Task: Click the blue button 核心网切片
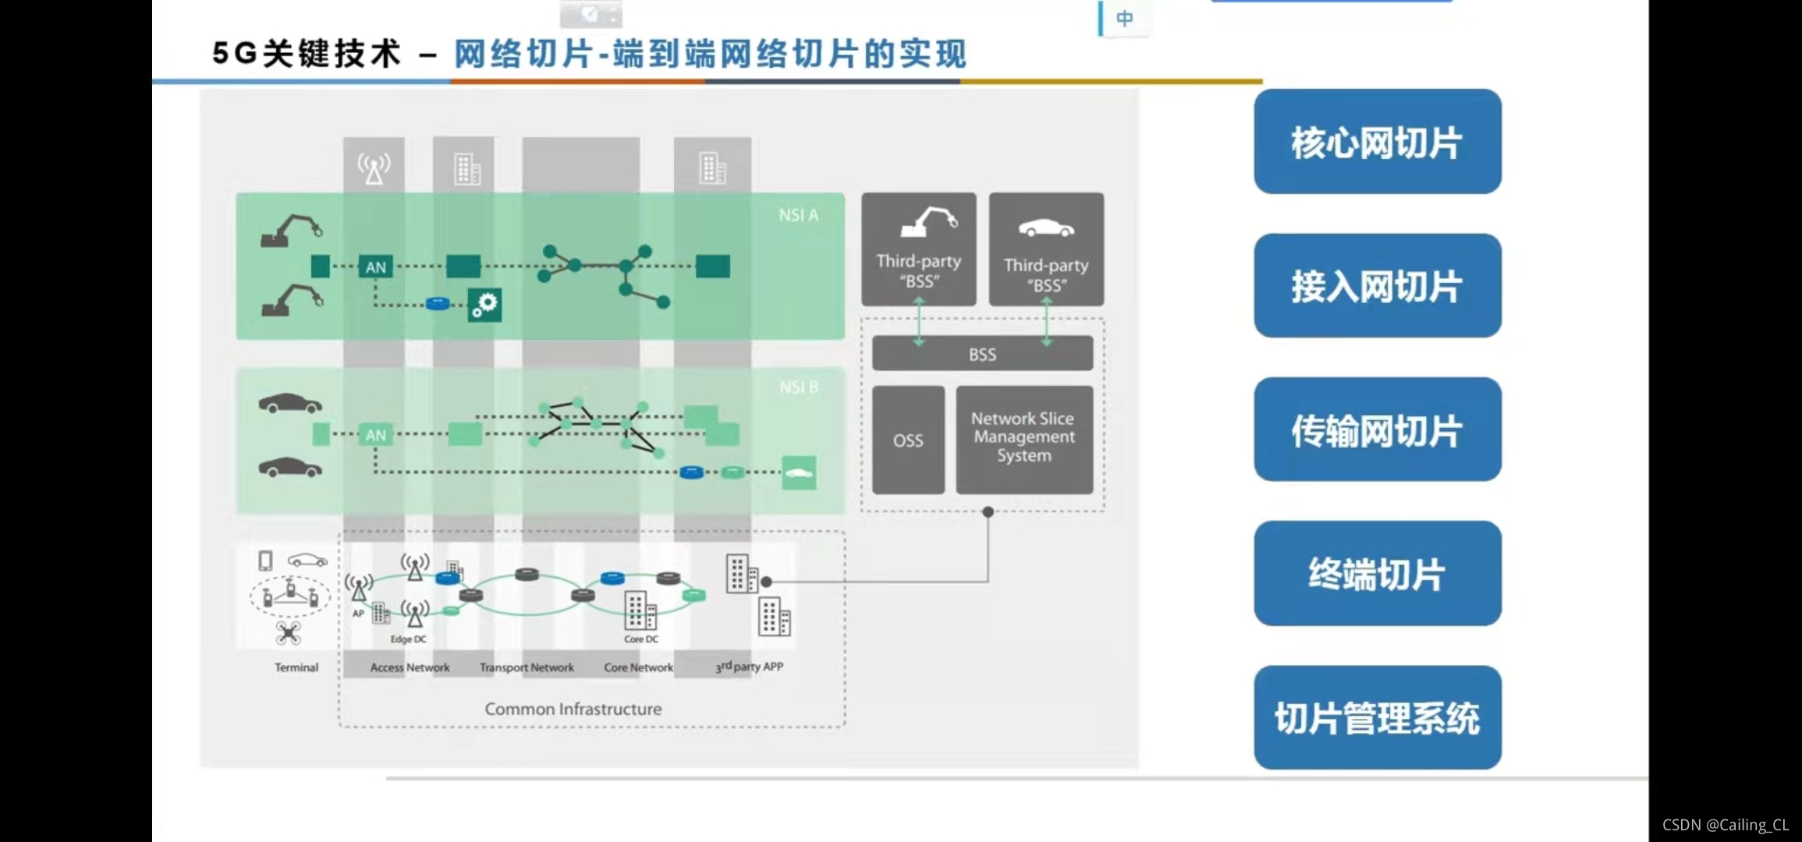[x=1377, y=142]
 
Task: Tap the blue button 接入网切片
[x=1377, y=286]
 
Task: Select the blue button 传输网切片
[x=1377, y=430]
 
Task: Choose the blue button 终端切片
[x=1377, y=574]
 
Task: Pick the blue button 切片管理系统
[x=1377, y=717]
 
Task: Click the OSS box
[x=908, y=440]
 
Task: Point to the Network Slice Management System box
[x=1023, y=438]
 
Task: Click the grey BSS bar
[x=982, y=354]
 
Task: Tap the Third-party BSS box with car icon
[x=1046, y=249]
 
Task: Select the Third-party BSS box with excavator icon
[x=918, y=249]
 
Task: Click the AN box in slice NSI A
[x=375, y=267]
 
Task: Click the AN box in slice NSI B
[x=375, y=435]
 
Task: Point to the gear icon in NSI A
[x=484, y=304]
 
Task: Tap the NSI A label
[x=798, y=215]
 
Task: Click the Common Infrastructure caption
[x=573, y=709]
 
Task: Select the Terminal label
[x=296, y=667]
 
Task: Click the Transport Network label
[x=527, y=667]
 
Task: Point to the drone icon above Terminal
[x=289, y=633]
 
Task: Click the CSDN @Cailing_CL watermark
[x=1725, y=824]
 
